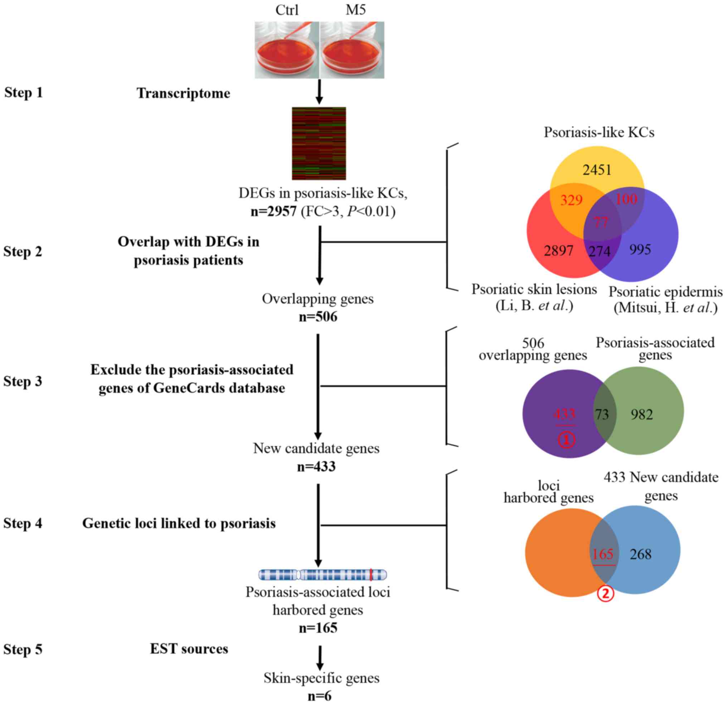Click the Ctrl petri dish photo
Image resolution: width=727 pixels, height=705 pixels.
(287, 50)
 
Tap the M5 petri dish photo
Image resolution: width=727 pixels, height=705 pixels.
(352, 50)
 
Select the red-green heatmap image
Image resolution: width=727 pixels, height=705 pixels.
(319, 143)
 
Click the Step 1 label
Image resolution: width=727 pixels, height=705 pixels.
(23, 92)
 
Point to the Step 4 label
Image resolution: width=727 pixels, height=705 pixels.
(23, 523)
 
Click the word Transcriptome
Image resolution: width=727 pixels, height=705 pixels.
(183, 93)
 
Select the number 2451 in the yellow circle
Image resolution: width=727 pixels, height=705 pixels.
(597, 170)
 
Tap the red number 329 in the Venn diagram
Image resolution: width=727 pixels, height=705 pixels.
(571, 201)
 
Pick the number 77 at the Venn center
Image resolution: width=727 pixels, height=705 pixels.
(601, 222)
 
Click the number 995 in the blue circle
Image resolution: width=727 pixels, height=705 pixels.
(640, 249)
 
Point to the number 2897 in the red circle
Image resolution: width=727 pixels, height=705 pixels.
(559, 251)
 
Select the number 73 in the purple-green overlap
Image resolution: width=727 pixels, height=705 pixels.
(602, 414)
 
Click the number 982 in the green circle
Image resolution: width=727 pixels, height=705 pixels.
(642, 414)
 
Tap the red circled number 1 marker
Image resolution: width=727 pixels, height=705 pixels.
(566, 440)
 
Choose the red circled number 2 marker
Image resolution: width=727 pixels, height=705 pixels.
(605, 594)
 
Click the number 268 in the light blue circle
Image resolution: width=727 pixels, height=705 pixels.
(641, 554)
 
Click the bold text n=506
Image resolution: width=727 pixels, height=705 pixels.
(318, 317)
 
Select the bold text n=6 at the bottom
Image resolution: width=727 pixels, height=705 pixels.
(319, 696)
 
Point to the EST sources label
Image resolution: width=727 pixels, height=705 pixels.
(189, 648)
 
